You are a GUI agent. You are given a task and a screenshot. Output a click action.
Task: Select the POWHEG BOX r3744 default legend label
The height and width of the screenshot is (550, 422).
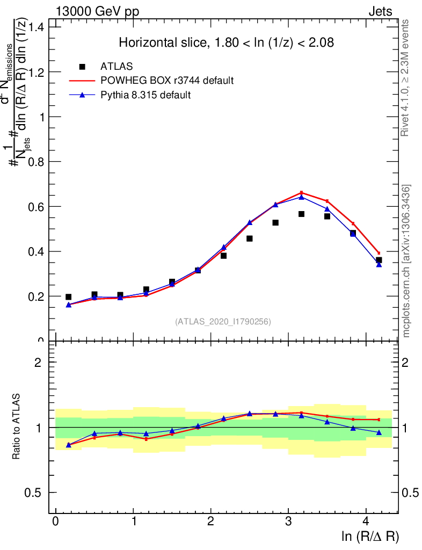point(167,81)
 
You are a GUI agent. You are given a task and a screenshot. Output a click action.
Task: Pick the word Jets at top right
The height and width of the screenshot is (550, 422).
point(380,12)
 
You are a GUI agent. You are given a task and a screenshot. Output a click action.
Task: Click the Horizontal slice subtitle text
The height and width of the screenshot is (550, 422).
point(227,43)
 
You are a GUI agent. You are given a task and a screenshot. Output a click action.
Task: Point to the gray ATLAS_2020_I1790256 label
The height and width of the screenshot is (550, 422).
point(223,322)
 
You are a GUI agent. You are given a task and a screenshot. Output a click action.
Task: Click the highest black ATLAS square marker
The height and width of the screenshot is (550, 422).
point(301,214)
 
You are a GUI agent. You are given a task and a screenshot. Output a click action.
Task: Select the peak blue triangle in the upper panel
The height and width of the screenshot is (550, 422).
point(301,197)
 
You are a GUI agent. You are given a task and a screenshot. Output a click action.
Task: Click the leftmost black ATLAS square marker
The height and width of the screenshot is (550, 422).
point(68,296)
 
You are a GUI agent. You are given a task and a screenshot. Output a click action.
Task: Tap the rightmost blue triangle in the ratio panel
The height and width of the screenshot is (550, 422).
point(379,432)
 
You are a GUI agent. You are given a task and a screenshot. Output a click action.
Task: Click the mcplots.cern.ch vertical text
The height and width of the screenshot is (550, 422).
point(407,260)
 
